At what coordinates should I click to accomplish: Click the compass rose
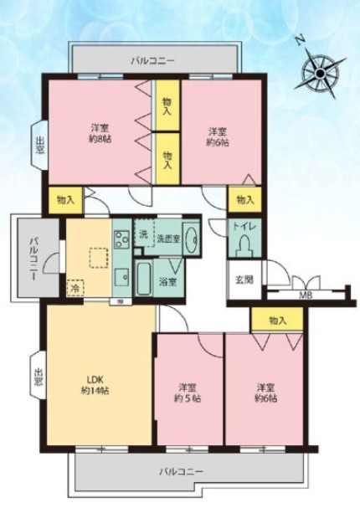click(x=320, y=73)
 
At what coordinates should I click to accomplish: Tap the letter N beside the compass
click(x=301, y=40)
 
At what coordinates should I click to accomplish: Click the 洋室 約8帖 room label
click(x=100, y=134)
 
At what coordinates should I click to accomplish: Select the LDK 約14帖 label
click(x=95, y=385)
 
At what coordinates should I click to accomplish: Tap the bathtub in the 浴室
click(x=142, y=279)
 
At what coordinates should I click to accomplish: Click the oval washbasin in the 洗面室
click(x=190, y=239)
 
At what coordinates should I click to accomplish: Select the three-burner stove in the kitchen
click(x=121, y=239)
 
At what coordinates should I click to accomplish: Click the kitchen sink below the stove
click(x=121, y=278)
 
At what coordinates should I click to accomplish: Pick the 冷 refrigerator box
click(x=75, y=288)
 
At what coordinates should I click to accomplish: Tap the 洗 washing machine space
click(x=143, y=233)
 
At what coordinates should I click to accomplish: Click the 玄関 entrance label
click(x=244, y=280)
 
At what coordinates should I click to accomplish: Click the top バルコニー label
click(x=153, y=60)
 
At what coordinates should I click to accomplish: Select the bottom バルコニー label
click(x=181, y=471)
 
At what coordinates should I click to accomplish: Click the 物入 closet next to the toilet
click(x=244, y=200)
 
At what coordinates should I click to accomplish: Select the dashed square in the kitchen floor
click(x=99, y=258)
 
